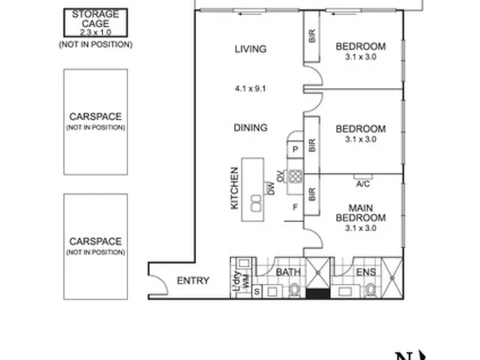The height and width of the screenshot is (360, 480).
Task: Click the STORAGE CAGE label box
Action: pyautogui.click(x=95, y=23)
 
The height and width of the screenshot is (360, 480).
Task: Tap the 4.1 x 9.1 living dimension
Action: pyautogui.click(x=251, y=89)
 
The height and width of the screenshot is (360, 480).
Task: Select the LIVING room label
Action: pyautogui.click(x=251, y=49)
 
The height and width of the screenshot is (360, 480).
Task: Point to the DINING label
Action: pyautogui.click(x=251, y=127)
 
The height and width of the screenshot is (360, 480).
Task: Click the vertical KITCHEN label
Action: pyautogui.click(x=234, y=188)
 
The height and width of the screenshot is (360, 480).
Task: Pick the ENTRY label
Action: pyautogui.click(x=193, y=281)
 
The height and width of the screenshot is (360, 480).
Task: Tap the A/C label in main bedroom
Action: pyautogui.click(x=363, y=184)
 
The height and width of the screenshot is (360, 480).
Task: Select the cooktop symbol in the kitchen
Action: pyautogui.click(x=295, y=177)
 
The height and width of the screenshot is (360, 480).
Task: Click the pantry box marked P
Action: pyautogui.click(x=295, y=149)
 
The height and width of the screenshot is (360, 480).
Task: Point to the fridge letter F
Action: pyautogui.click(x=295, y=207)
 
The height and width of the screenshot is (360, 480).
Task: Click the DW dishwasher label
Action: pyautogui.click(x=271, y=188)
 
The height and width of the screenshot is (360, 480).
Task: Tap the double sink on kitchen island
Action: pyautogui.click(x=256, y=203)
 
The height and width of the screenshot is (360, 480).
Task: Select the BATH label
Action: pyautogui.click(x=288, y=272)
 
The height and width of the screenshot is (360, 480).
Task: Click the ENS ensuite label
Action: pyautogui.click(x=366, y=272)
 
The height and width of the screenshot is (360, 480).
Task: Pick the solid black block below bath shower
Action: pyautogui.click(x=319, y=294)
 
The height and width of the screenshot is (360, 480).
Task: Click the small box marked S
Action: pyautogui.click(x=257, y=291)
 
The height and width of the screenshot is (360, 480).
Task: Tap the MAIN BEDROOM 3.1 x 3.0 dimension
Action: pyautogui.click(x=361, y=228)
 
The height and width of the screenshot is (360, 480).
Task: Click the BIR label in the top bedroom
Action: pyautogui.click(x=311, y=36)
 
